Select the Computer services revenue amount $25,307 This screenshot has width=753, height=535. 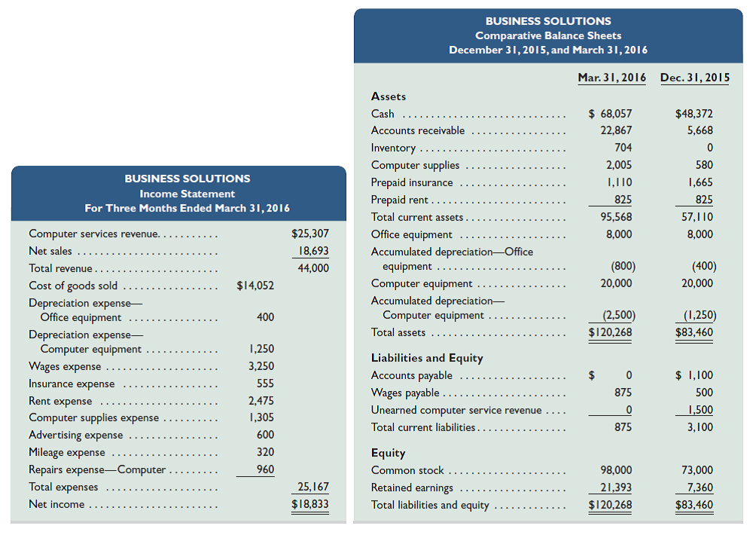310,234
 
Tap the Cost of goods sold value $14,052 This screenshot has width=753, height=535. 255,286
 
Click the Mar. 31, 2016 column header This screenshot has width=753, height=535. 611,78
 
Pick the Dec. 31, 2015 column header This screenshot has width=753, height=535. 694,78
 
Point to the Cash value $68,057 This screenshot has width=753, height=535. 611,114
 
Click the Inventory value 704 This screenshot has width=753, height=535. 623,148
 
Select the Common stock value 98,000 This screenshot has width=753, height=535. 617,470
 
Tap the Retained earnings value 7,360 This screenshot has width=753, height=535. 697,488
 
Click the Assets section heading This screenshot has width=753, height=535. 389,96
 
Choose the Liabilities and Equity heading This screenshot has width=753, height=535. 427,358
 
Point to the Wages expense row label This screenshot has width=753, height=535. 65,366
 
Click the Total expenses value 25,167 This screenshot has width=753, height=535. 313,487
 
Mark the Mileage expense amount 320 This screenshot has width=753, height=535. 265,452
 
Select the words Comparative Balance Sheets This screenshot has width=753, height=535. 548,35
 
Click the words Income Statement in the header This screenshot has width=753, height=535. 187,194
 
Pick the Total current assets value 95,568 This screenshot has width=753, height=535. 617,217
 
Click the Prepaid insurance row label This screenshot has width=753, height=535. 412,182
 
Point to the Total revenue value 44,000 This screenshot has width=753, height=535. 313,268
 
